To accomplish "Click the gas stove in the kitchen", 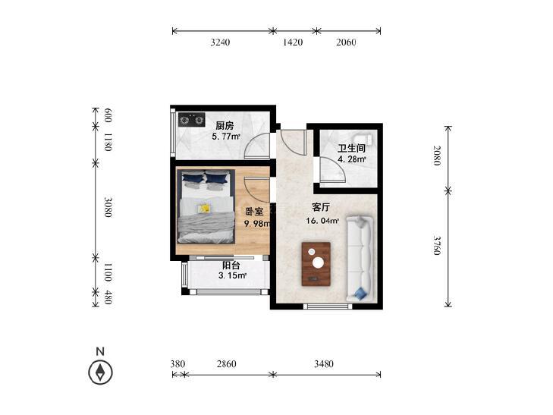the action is point(191,120).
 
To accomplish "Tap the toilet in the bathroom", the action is point(363,137).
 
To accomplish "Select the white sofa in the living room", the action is point(360,259).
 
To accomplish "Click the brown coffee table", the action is point(316,264).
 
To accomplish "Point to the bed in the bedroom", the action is point(206,206).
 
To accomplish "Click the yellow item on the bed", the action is point(204,209).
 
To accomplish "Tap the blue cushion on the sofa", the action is point(361,294).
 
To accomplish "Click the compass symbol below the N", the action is point(101,373).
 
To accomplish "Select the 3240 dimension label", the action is point(220,42).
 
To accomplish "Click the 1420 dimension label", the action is point(293,42).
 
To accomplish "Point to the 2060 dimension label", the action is point(346,42).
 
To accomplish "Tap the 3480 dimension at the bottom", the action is point(324,364).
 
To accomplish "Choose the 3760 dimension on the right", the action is point(437,245).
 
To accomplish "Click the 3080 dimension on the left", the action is point(108,207).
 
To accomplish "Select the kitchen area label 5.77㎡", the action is point(226,136).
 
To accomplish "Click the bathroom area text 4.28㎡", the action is point(352,159).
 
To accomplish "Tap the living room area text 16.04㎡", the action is point(322,221).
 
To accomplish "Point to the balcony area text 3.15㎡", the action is point(232,275).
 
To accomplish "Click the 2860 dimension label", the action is point(226,364).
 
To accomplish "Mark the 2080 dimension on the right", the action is point(437,156).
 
